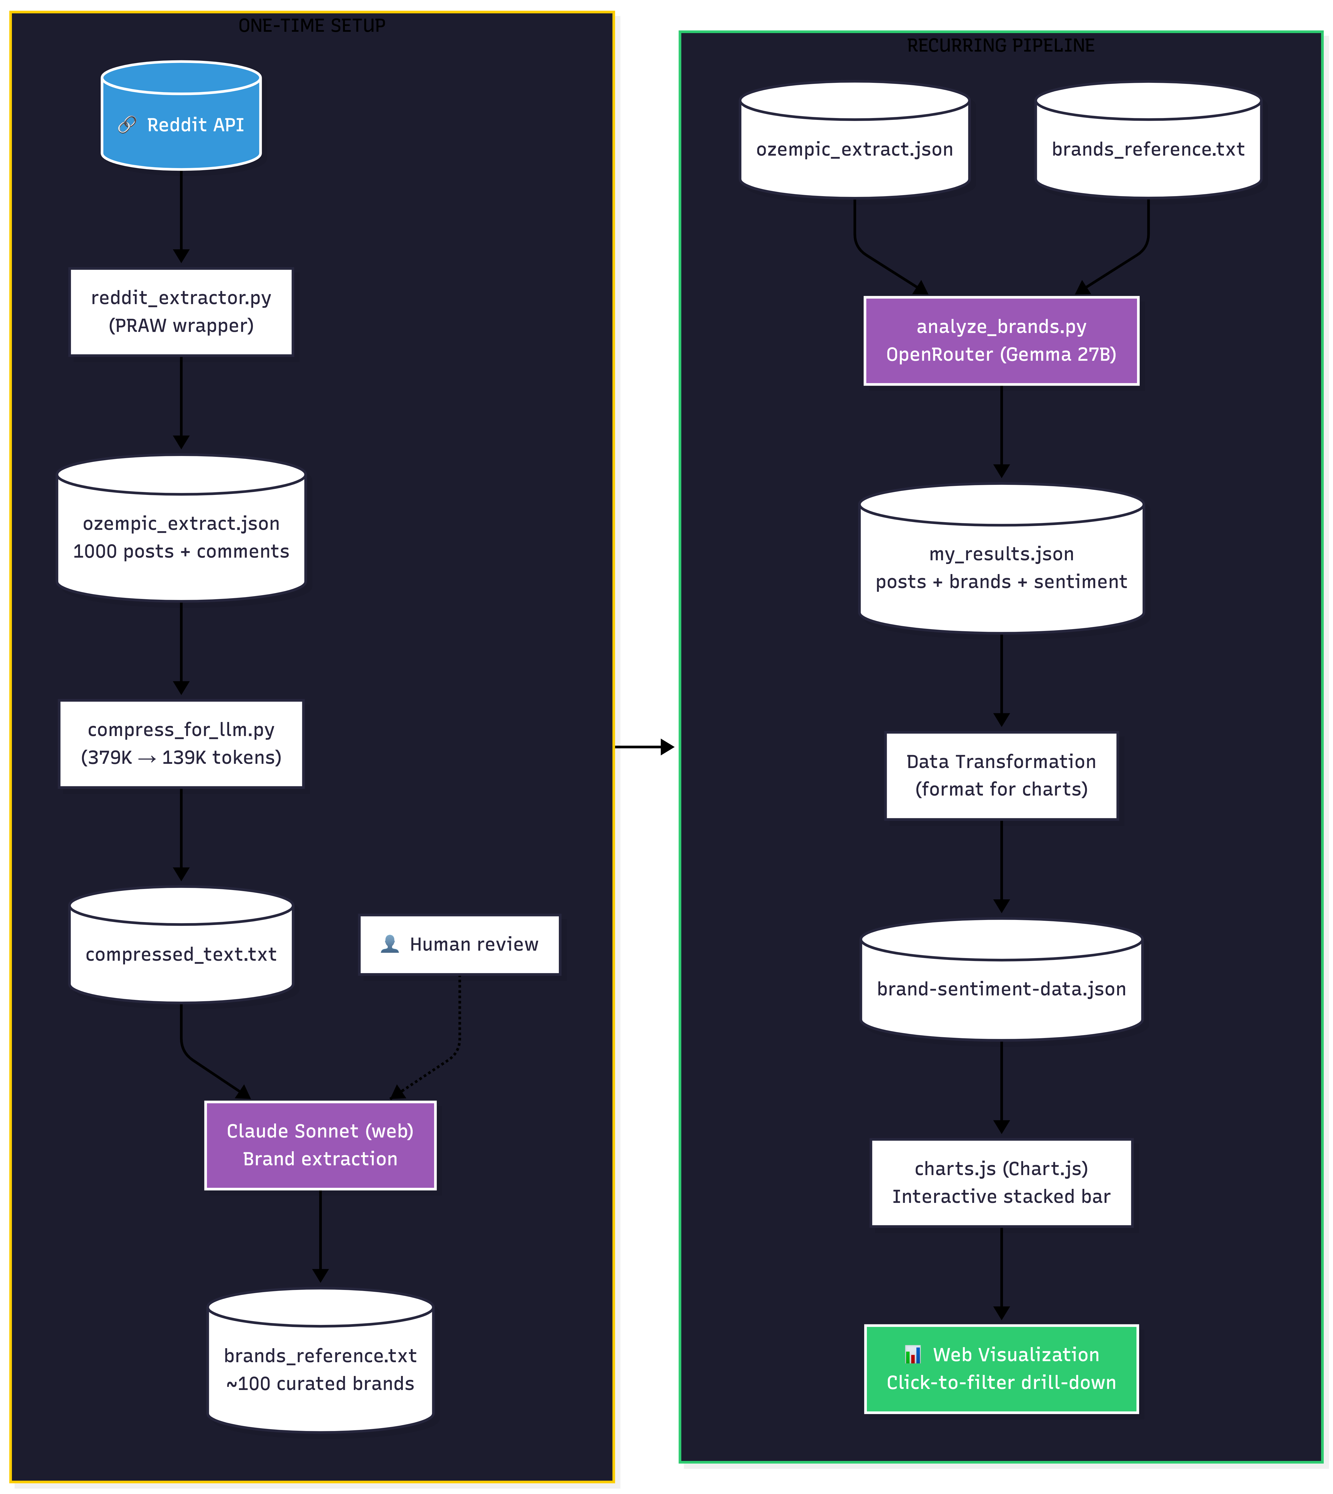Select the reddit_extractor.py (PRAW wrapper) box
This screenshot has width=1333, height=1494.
click(181, 312)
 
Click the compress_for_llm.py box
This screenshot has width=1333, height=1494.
click(181, 744)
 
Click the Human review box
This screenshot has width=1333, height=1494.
click(459, 944)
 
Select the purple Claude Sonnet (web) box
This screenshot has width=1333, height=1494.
click(320, 1145)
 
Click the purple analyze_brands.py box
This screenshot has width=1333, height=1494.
click(1001, 340)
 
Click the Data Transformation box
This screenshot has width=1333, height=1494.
click(1001, 775)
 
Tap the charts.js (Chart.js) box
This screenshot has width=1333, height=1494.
click(1001, 1182)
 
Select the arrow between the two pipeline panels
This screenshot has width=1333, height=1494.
click(643, 747)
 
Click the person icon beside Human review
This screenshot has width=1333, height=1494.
click(390, 944)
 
